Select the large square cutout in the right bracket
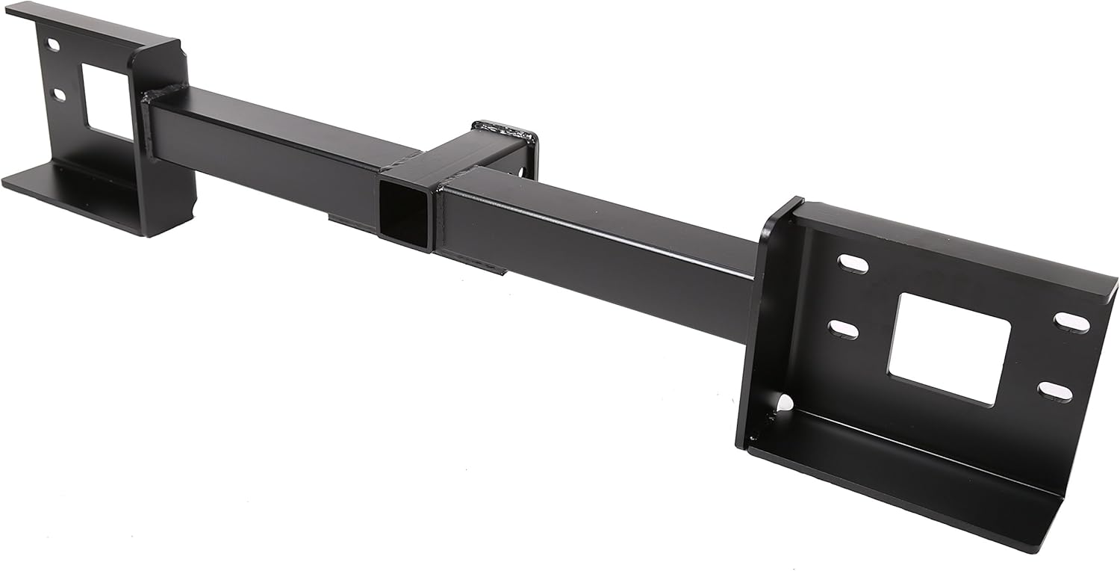[x=948, y=348]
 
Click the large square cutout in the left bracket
[x=107, y=101]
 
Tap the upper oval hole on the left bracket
[x=52, y=45]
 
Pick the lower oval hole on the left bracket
[x=57, y=95]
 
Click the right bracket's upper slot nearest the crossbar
[x=853, y=264]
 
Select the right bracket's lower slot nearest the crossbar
[x=843, y=329]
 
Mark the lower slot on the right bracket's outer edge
[x=1054, y=391]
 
